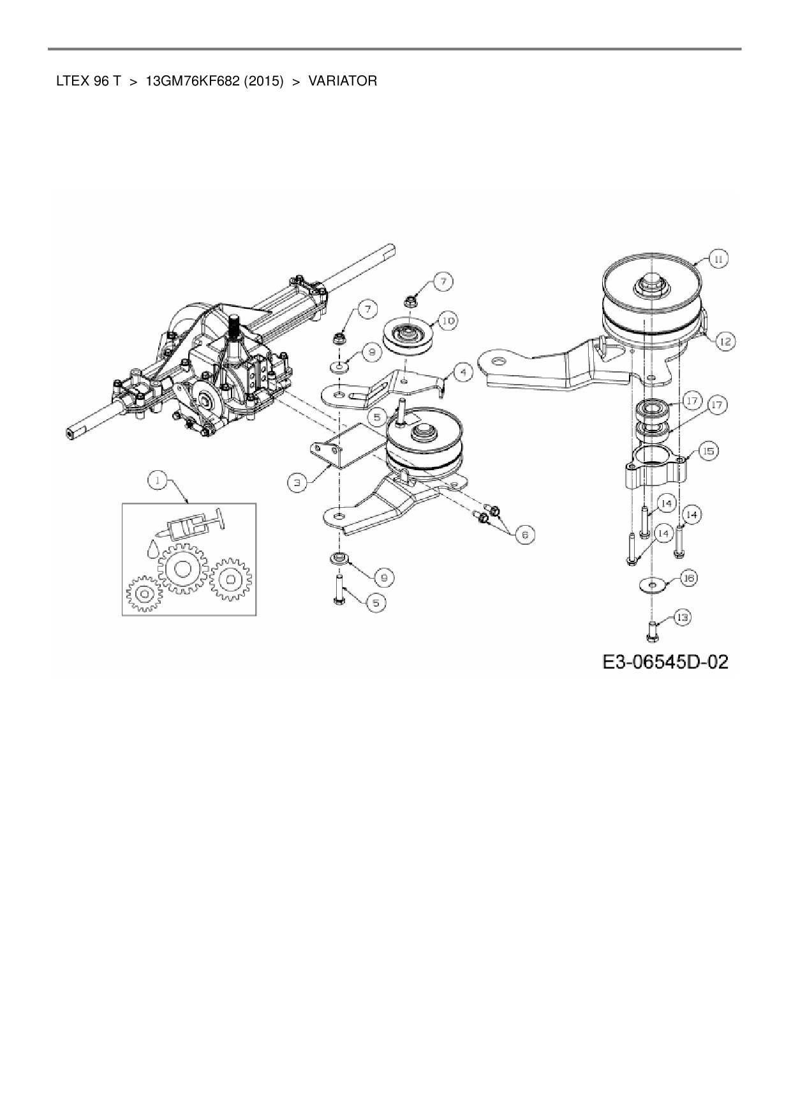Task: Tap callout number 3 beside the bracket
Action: (x=297, y=482)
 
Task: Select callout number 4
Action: (x=463, y=371)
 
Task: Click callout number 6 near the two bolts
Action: (x=525, y=534)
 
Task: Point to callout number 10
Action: (x=448, y=320)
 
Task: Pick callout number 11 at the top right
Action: (x=718, y=259)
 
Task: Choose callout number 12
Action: (x=724, y=342)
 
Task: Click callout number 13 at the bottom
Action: (x=682, y=618)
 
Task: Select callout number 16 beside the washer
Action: (x=688, y=578)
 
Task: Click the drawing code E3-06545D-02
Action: (x=665, y=662)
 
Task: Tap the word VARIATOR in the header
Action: (x=343, y=81)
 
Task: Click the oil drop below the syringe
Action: (x=153, y=549)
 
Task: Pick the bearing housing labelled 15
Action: (x=654, y=466)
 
